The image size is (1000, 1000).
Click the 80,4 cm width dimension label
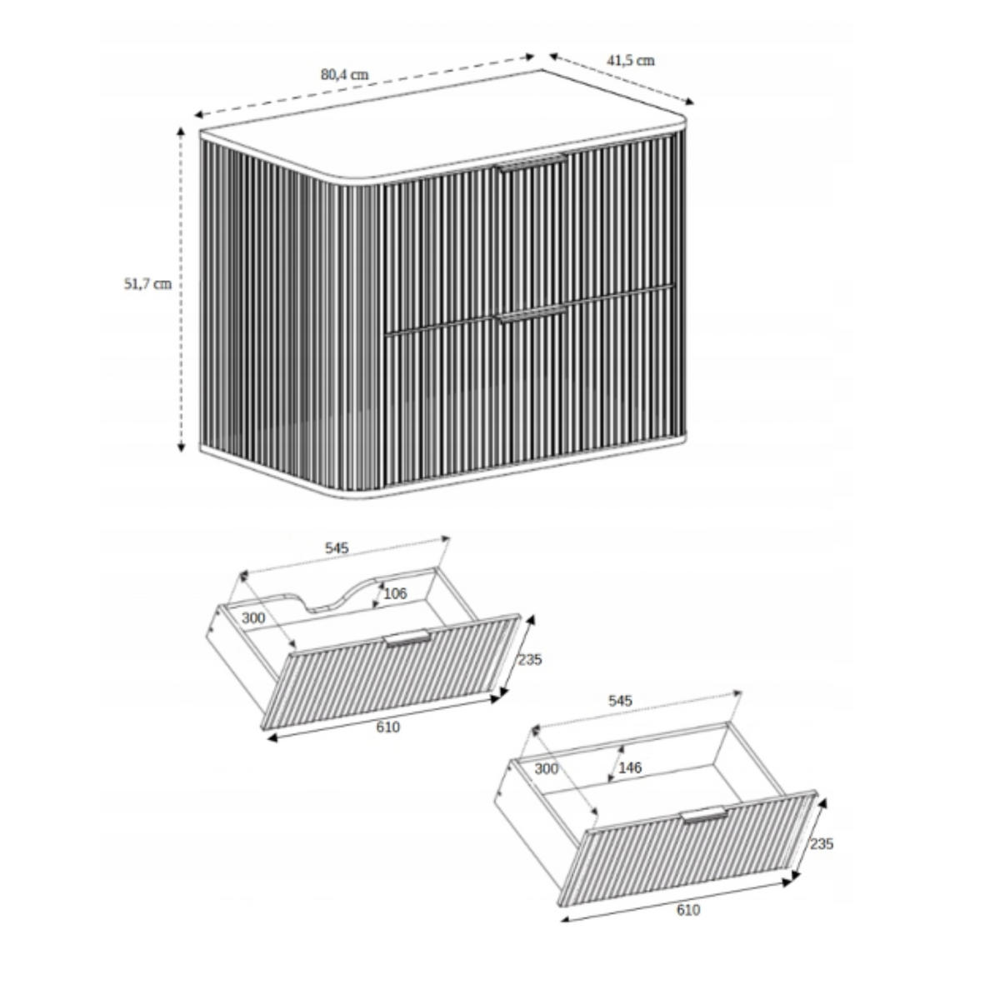point(344,75)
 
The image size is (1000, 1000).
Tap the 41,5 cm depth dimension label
point(631,61)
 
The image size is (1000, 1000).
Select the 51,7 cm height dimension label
point(147,284)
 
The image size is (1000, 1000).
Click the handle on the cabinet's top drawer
point(531,162)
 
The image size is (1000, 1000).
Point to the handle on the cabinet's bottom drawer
point(531,314)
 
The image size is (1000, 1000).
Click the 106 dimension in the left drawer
point(395,593)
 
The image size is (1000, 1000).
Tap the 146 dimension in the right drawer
point(630,767)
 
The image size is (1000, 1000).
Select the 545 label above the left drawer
point(337,548)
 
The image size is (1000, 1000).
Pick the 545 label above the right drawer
point(620,701)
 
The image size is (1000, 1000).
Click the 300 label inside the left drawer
point(253,618)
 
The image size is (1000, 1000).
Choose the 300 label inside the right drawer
point(547,768)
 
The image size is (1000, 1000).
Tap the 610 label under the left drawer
point(388,727)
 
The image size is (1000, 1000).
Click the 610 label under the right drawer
point(688,910)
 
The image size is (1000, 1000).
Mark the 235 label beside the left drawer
point(529,659)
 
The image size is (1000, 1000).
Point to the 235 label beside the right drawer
point(822,844)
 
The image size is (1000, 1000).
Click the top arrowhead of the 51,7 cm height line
point(181,132)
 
